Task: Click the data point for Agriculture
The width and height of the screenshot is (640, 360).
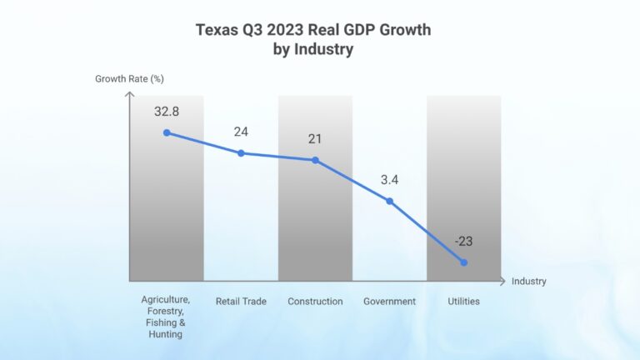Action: coord(167,132)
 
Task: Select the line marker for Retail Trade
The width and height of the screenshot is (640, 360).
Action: coord(241,152)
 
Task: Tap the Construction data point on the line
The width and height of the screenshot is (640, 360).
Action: coord(315,160)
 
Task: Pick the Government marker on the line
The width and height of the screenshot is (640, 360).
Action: coord(389,201)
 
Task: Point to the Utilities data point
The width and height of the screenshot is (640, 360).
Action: coord(463,262)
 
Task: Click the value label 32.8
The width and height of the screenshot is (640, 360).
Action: coord(167,111)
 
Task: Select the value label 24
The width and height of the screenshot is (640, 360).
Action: coord(241,131)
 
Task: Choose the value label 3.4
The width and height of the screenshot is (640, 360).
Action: coord(389,179)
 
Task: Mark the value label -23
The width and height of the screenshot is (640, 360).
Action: coord(463,241)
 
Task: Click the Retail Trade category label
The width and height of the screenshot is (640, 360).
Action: coord(241,301)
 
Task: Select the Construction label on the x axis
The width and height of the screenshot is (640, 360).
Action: coord(315,301)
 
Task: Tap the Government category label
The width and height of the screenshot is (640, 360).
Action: coord(389,301)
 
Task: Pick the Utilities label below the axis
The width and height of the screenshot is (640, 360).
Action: coord(463,301)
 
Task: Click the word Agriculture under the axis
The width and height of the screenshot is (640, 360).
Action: coord(166,299)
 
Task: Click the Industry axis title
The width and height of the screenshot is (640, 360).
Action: coord(529,282)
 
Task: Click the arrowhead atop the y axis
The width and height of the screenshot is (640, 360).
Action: coord(129,95)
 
